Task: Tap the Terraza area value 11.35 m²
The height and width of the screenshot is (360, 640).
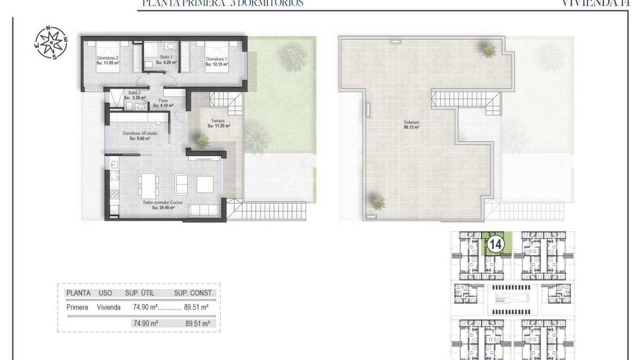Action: click(x=218, y=126)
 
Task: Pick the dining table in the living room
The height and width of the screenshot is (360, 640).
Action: click(x=148, y=185)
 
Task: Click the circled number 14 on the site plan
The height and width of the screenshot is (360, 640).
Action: click(x=495, y=244)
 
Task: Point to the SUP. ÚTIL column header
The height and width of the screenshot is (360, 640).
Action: click(x=140, y=293)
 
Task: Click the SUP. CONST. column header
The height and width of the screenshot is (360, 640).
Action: click(x=193, y=293)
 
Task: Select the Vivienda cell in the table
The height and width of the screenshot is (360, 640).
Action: click(x=109, y=307)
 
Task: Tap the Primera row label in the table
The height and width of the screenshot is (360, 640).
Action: click(x=77, y=307)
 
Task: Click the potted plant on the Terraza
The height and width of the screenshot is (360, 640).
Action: click(x=202, y=141)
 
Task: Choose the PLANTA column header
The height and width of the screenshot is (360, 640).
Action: click(x=78, y=293)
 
